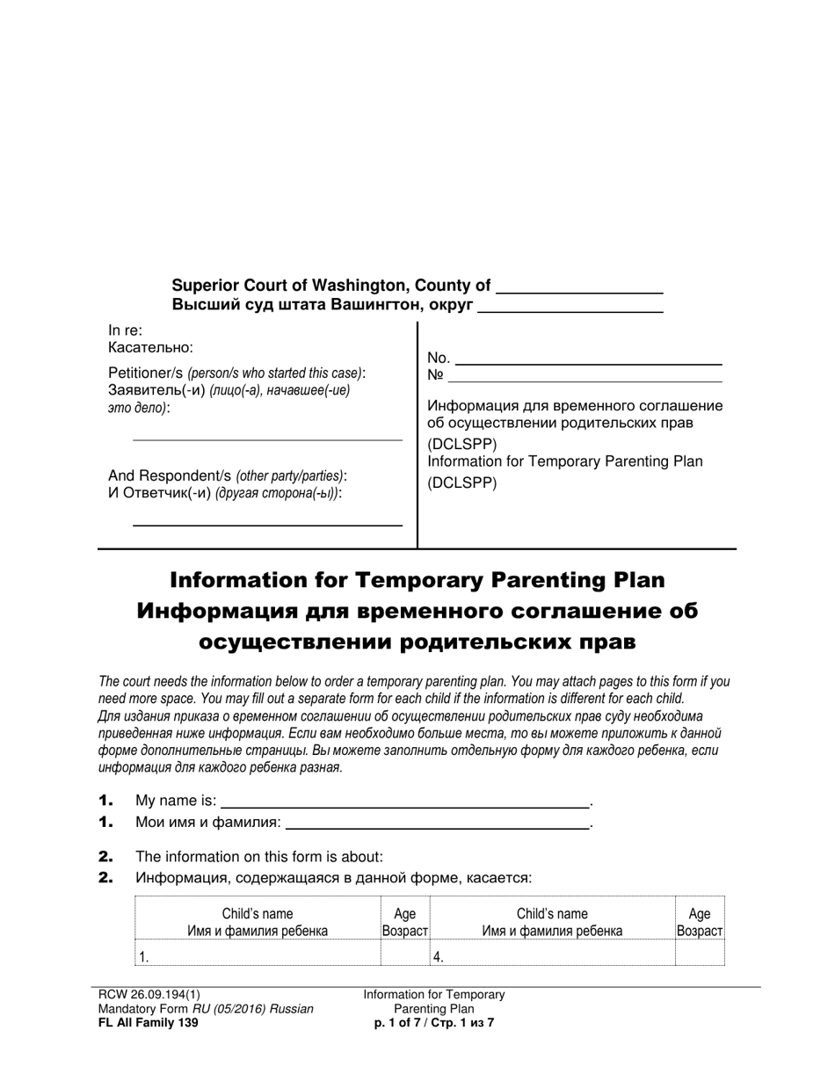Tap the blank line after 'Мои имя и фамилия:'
click(x=437, y=827)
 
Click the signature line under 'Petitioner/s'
click(x=267, y=439)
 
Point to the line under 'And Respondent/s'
click(x=267, y=525)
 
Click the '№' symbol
click(x=435, y=376)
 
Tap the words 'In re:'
click(x=125, y=330)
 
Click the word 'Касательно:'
click(x=150, y=348)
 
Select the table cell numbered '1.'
click(x=257, y=957)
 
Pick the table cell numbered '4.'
click(x=551, y=957)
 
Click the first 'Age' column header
click(x=404, y=914)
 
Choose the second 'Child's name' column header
click(x=552, y=914)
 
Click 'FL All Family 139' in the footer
click(x=149, y=1022)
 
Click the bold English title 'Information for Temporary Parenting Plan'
click(x=417, y=580)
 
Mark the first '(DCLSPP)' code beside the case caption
click(x=461, y=443)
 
